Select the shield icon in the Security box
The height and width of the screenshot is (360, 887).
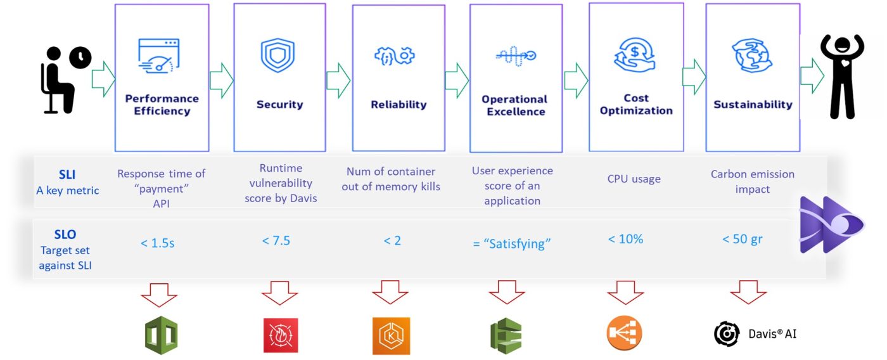coord(278,56)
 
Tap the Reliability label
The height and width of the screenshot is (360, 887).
coord(399,105)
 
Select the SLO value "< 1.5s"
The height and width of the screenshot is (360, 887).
coord(158,243)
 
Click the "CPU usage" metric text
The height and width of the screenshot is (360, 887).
coord(634,179)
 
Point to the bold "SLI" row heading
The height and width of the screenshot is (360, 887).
coord(67,174)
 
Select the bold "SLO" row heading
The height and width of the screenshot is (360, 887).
coord(65,235)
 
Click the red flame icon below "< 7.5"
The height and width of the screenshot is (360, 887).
coord(280,335)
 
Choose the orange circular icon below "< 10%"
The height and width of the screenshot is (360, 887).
coord(624,333)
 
